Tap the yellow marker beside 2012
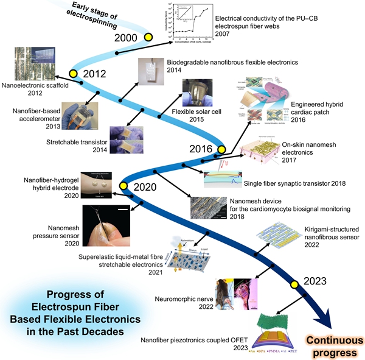(x=74, y=74)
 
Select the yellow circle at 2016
(x=222, y=149)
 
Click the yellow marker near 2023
(x=294, y=284)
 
